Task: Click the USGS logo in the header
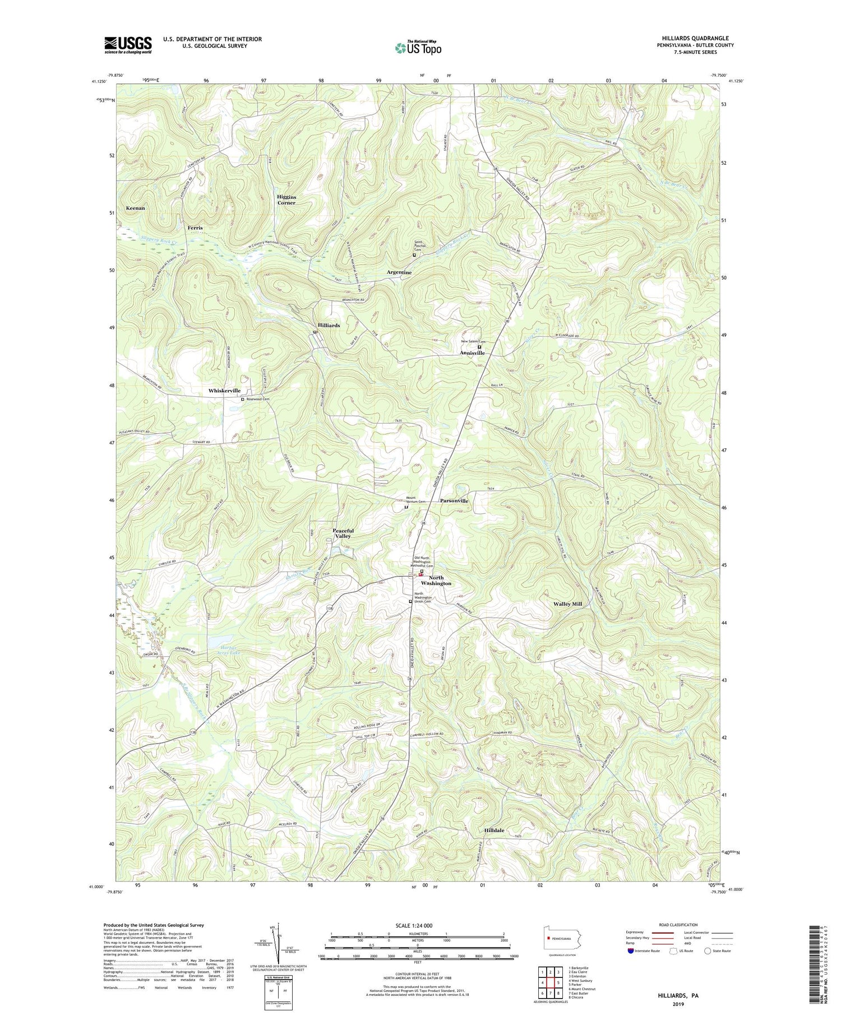(x=128, y=45)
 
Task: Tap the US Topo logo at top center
(x=418, y=48)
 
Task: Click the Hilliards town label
(x=329, y=325)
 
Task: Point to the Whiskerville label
(x=224, y=391)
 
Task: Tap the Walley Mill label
(x=571, y=604)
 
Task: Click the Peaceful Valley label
(x=343, y=533)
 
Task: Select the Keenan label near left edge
(x=135, y=208)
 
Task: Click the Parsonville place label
(x=454, y=500)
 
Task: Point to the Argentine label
(x=399, y=272)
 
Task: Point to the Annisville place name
(x=472, y=353)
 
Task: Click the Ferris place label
(x=195, y=228)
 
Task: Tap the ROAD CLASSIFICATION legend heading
(x=678, y=925)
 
